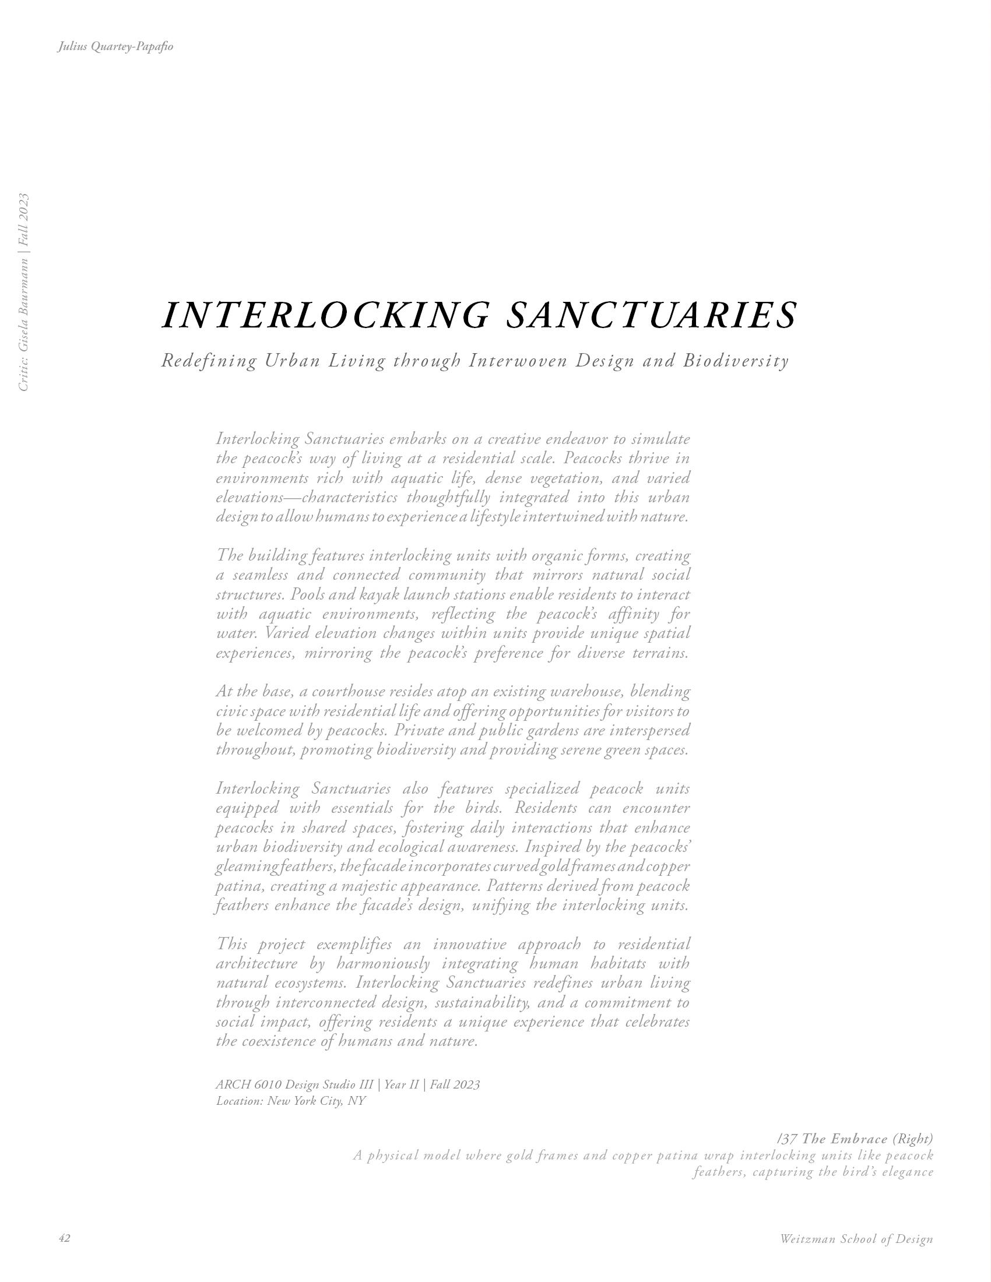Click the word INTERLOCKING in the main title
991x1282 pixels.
[x=325, y=315]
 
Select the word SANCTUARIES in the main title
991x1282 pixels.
[x=651, y=315]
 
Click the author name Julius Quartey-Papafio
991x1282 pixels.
[x=115, y=47]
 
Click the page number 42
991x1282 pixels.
[x=65, y=1238]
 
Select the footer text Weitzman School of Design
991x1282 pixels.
[x=856, y=1239]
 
